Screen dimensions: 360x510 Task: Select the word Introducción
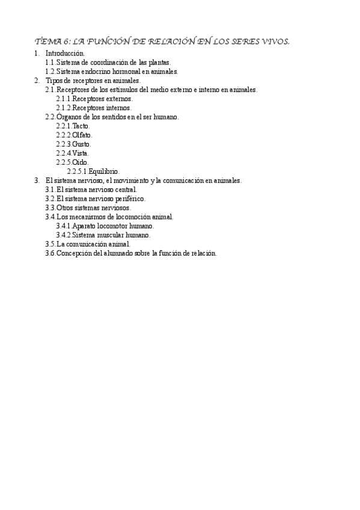(65, 54)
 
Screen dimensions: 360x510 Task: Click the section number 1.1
(50, 63)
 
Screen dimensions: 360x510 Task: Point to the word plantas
(159, 63)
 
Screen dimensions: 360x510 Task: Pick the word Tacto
(81, 126)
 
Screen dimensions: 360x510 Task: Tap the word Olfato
(82, 135)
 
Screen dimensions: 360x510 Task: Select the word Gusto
(81, 144)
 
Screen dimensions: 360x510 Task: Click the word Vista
(81, 153)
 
